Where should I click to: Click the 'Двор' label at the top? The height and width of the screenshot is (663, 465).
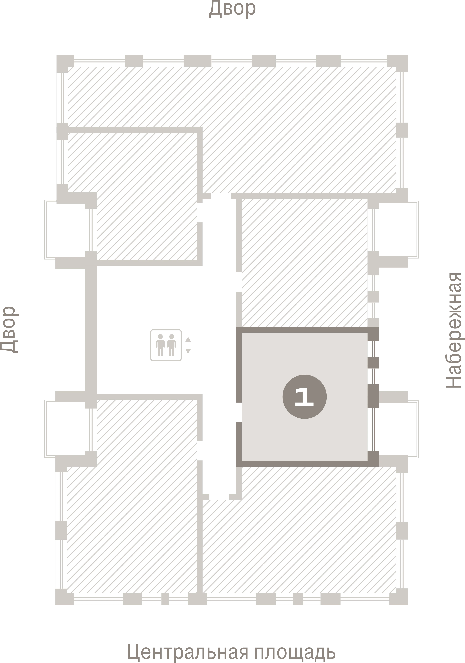[x=232, y=9]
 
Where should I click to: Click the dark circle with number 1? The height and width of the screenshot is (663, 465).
[x=304, y=397]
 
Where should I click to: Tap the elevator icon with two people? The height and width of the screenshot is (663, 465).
[x=166, y=345]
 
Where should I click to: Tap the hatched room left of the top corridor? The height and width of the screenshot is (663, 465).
[x=147, y=196]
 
